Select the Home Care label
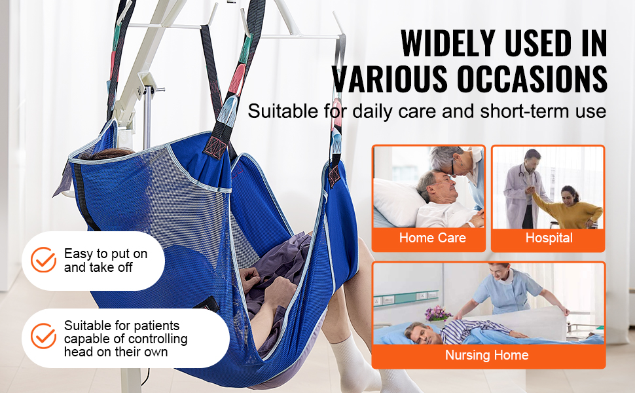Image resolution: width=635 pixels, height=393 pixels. [x=433, y=238]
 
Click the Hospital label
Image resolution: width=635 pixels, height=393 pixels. [x=549, y=238]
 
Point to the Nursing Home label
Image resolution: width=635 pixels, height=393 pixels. [x=487, y=355]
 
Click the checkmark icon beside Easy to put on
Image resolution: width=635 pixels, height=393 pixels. [x=43, y=259]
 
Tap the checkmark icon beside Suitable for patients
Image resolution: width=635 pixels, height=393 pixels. [x=43, y=336]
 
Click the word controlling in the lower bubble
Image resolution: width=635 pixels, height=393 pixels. [x=153, y=339]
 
